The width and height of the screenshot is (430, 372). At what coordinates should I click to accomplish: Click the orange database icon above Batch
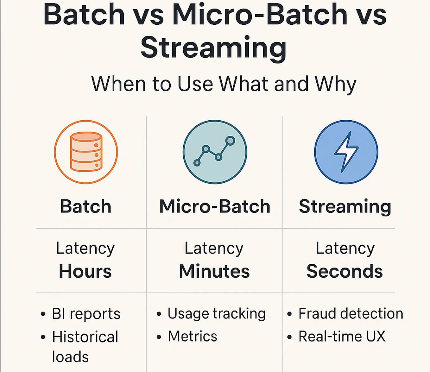point(86,152)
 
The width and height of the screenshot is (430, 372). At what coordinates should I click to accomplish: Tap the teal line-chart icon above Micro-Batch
point(215,152)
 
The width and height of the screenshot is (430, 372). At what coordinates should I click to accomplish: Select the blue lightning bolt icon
point(346,152)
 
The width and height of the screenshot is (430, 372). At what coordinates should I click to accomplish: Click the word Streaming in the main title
point(213,48)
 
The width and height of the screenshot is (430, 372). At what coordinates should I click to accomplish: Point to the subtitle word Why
point(335,84)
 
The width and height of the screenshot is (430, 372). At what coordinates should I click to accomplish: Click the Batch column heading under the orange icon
point(86,206)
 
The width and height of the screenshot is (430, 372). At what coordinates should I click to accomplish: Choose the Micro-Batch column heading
point(215,206)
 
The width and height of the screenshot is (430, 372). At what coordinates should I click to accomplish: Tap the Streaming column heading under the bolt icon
point(345,206)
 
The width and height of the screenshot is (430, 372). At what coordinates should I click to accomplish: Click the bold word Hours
point(85,271)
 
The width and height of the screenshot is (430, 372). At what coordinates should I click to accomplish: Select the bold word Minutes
point(214,271)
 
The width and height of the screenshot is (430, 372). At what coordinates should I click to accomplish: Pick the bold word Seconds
point(345,271)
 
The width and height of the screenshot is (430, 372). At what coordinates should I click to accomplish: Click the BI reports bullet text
point(86,314)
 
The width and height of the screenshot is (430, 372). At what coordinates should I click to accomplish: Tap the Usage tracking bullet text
point(217,314)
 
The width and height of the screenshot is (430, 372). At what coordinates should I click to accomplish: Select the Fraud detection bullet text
point(351,314)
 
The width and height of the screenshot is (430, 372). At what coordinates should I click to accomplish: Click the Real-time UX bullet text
point(342,337)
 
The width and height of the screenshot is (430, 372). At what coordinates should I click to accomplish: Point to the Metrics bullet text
point(193,337)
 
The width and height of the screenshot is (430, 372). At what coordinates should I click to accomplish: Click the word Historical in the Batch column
point(85,337)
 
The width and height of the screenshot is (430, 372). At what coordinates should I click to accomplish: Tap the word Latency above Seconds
point(345,248)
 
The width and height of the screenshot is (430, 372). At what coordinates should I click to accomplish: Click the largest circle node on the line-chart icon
point(230,141)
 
